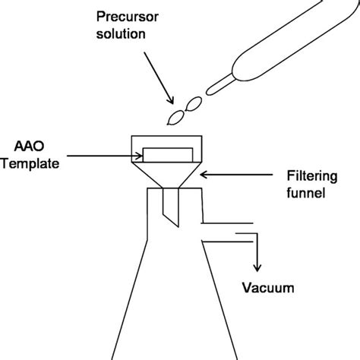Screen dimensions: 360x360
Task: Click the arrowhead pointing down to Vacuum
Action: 259,267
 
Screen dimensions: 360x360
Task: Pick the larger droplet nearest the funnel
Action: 178,115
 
